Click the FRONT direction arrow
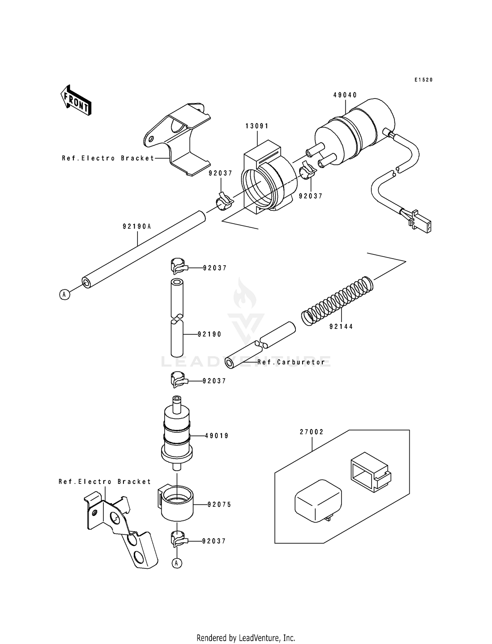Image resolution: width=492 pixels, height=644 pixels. coord(76,100)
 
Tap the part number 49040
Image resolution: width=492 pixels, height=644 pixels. coord(345,95)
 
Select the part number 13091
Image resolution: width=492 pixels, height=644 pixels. coord(257,126)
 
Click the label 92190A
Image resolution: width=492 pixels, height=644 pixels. coord(137,226)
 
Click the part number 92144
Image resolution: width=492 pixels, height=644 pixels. coord(341,327)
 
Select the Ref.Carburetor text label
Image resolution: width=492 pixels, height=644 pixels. coord(291,362)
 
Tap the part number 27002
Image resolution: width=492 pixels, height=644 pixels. coord(312,432)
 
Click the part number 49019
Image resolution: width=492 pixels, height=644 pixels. coord(217,436)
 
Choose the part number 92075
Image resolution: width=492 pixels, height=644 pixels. coord(219,504)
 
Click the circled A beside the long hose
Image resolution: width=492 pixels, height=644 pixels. coord(65,295)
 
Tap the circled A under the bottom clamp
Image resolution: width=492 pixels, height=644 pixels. coord(177,564)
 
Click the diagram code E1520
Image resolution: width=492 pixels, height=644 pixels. coord(423,80)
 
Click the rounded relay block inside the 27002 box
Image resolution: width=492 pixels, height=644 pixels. coord(318,500)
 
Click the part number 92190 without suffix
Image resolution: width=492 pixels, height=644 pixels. coord(210,334)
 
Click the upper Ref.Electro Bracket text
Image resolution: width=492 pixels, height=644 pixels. coord(108,158)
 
